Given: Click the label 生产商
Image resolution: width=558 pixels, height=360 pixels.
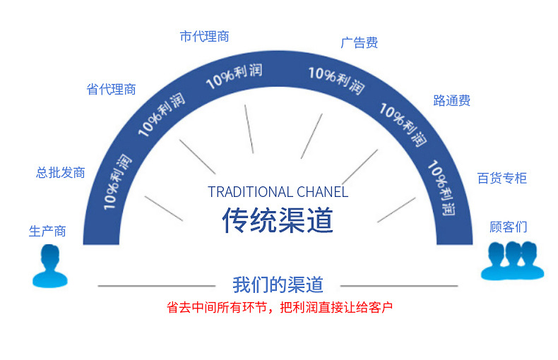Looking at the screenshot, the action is tap(47, 232).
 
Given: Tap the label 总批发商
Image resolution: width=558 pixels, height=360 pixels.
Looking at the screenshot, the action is tap(61, 172).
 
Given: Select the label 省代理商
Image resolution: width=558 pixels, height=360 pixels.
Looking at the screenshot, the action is tap(111, 89).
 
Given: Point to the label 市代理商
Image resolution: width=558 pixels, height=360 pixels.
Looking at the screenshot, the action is tap(204, 36).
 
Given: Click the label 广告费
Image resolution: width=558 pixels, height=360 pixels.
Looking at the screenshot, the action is tap(359, 42).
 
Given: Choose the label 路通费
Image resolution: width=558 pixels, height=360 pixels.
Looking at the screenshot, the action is tap(452, 101).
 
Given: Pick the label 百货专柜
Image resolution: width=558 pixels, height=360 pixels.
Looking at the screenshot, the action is tap(501, 178).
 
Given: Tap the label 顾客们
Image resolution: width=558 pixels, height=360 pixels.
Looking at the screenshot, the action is tap(508, 227).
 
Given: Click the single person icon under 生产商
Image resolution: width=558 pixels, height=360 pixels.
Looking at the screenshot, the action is tap(50, 266).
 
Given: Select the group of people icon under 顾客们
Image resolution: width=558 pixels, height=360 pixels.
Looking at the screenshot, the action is tap(513, 260).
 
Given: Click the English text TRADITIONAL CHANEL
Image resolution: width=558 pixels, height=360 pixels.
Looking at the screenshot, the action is tap(278, 192).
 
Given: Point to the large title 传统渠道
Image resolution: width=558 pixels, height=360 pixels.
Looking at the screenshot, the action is tap(278, 220).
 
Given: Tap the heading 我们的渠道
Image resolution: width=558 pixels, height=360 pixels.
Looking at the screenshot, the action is tap(278, 285).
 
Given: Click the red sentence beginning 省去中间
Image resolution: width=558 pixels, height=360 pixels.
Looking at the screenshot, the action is tap(280, 307).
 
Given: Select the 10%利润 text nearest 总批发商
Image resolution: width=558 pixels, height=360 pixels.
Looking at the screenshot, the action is tap(117, 182).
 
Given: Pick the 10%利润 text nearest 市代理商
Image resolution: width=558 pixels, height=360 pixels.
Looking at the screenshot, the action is tap(235, 76).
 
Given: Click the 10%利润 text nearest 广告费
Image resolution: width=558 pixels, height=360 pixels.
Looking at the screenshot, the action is tap(337, 80).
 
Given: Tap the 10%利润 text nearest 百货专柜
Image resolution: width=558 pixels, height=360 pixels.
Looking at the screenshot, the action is tap(441, 188).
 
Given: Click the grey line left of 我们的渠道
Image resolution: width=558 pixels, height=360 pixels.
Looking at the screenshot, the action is tap(157, 286).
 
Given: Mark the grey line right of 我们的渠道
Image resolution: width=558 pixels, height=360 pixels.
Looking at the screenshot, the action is tap(399, 286).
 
